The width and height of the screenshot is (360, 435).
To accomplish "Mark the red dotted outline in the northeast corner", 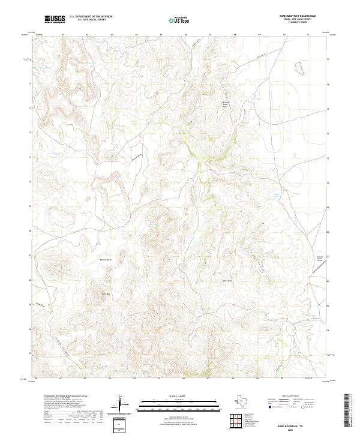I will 299,67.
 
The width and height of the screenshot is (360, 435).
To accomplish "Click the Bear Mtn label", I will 106,293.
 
